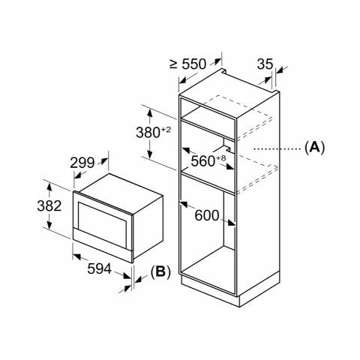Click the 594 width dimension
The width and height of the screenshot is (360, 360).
click(x=99, y=269)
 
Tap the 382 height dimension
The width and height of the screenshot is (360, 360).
click(x=49, y=206)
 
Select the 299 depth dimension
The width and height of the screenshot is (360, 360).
click(x=82, y=163)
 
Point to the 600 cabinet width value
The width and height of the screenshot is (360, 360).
click(x=207, y=215)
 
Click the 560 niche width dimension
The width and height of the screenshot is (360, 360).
click(x=203, y=161)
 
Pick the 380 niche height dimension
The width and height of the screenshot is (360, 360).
click(x=148, y=133)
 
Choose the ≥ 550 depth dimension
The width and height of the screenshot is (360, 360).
click(x=187, y=64)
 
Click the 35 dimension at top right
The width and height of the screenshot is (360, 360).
click(x=265, y=64)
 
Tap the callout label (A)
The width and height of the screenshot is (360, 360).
click(x=314, y=148)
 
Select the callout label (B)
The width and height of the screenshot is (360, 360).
click(x=160, y=271)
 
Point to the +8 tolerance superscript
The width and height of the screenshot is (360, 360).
click(x=221, y=158)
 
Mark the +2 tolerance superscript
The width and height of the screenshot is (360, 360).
click(x=166, y=130)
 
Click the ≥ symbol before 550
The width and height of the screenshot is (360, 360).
click(x=173, y=64)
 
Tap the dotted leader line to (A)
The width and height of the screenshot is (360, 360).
click(x=277, y=149)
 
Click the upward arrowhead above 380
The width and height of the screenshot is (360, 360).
click(x=150, y=113)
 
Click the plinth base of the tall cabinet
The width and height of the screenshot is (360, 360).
click(x=230, y=290)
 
